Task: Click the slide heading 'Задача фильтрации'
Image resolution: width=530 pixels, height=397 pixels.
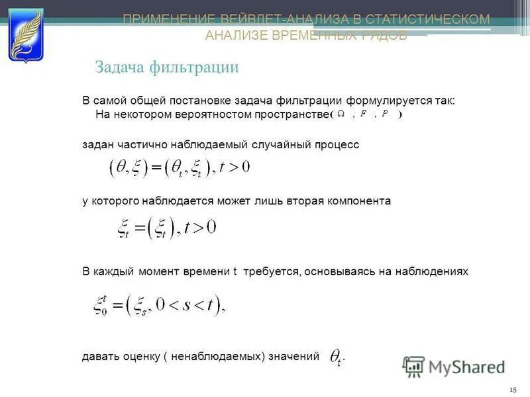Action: (x=167, y=67)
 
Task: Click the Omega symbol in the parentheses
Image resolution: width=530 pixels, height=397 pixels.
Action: (x=341, y=114)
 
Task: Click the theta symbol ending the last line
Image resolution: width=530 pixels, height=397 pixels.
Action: (x=337, y=358)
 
